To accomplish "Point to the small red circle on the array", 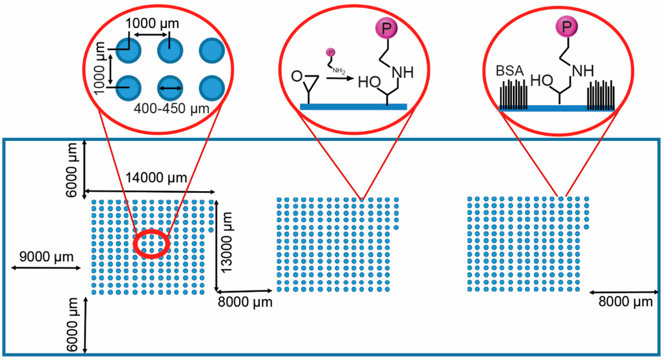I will [151, 244].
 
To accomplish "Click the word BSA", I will [510, 70].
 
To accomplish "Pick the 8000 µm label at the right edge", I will [624, 302].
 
